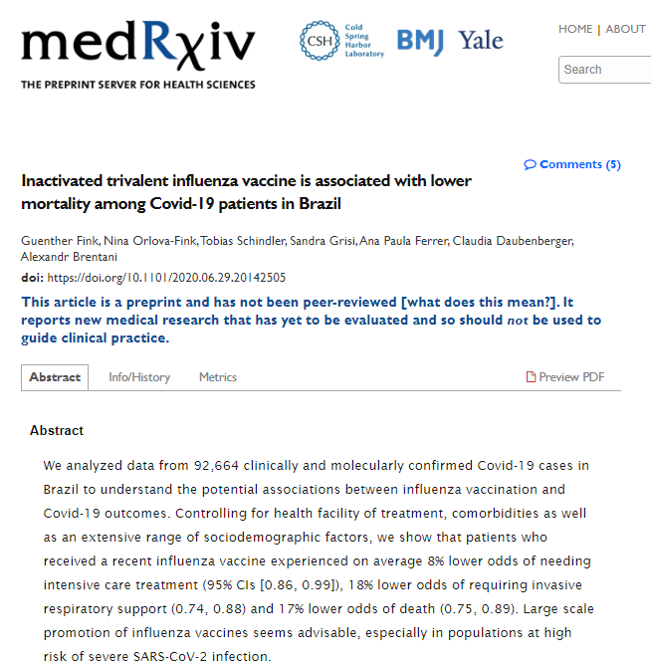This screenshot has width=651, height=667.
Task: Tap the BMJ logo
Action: coord(420,41)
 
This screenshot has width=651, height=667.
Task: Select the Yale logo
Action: coord(481,41)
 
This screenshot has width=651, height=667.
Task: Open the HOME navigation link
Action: coord(575,29)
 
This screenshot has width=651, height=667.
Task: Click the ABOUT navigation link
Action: coord(626,29)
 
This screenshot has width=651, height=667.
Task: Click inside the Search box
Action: coord(605,70)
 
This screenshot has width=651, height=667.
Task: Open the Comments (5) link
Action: coord(572,164)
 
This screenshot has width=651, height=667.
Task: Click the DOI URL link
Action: coord(167,278)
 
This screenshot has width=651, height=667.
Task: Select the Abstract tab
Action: coord(55,377)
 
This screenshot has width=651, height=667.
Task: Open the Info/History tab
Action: coord(139,377)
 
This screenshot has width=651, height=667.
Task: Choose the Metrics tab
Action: coord(218,377)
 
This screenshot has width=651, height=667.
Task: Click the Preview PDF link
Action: coord(565,377)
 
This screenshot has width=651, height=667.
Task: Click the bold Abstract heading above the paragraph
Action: coord(57,430)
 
